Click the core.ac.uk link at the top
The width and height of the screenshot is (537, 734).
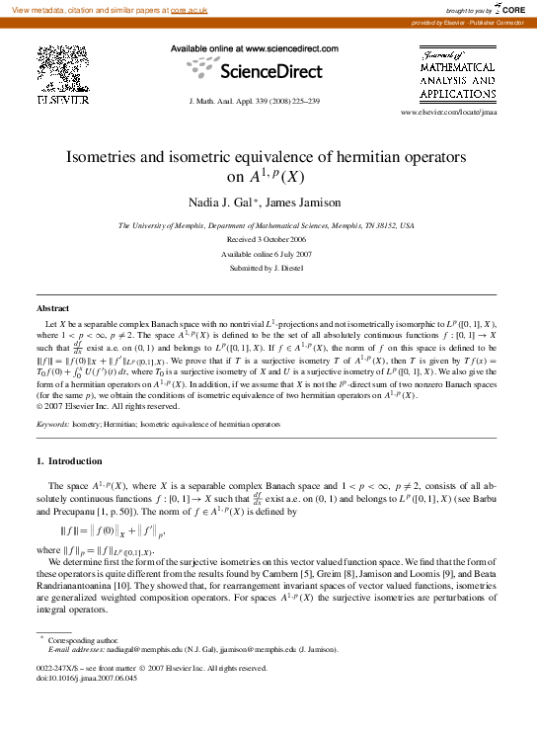pos(190,8)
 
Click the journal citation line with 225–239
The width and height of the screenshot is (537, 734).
pos(253,102)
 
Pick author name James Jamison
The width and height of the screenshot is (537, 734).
pos(307,203)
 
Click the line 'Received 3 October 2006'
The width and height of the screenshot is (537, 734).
pos(268,240)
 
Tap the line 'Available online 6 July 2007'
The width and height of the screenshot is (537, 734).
pos(268,254)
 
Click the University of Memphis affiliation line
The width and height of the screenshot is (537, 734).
pos(267,226)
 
